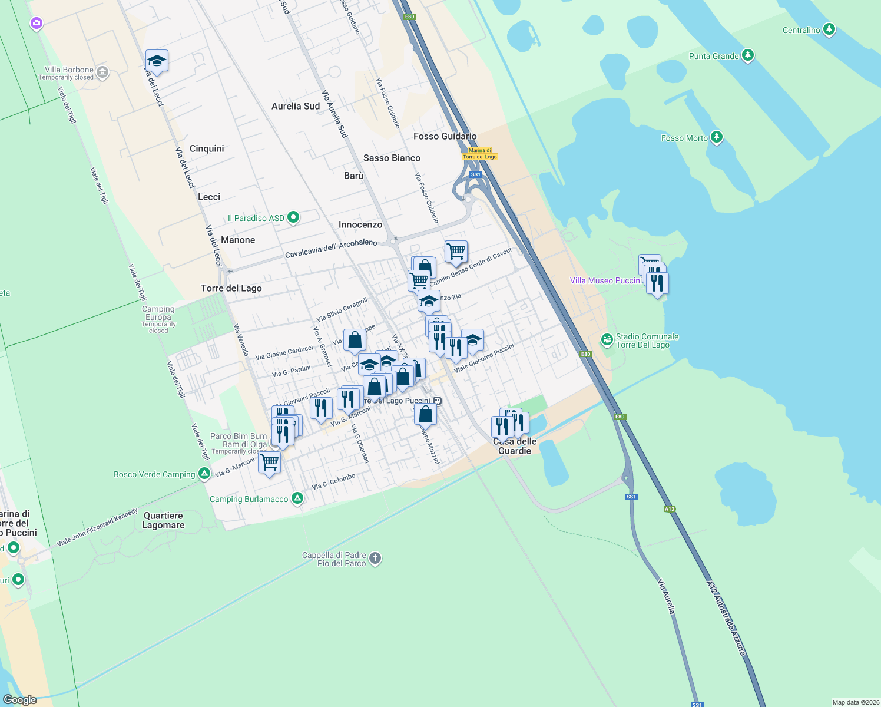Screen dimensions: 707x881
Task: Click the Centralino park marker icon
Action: coord(829,29)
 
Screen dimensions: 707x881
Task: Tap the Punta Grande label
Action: coord(714,56)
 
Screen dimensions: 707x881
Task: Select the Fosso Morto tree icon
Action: coord(716,137)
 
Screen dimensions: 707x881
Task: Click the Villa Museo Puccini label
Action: coord(605,280)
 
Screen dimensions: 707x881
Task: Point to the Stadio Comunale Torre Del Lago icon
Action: coord(607,340)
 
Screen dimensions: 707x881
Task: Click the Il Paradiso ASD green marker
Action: coord(293,217)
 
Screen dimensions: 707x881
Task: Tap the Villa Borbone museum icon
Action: coord(102,72)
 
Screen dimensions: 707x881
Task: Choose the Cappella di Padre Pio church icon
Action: coord(375,558)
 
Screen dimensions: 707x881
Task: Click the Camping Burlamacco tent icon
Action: coord(297,498)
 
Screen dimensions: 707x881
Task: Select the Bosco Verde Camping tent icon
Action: coord(204,473)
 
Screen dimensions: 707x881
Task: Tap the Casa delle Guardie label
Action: coord(515,446)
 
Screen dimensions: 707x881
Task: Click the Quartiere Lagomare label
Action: coord(163,520)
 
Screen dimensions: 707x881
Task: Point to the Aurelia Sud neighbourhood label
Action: coord(296,106)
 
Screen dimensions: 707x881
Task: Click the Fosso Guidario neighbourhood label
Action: coord(445,136)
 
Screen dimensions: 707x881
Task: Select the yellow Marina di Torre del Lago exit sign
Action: coord(479,154)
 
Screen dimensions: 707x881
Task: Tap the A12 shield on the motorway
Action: coord(670,509)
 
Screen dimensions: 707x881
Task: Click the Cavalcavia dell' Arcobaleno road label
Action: coord(331,248)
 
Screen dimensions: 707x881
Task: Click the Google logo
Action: coord(20,700)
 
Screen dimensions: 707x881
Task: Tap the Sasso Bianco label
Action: coord(392,158)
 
